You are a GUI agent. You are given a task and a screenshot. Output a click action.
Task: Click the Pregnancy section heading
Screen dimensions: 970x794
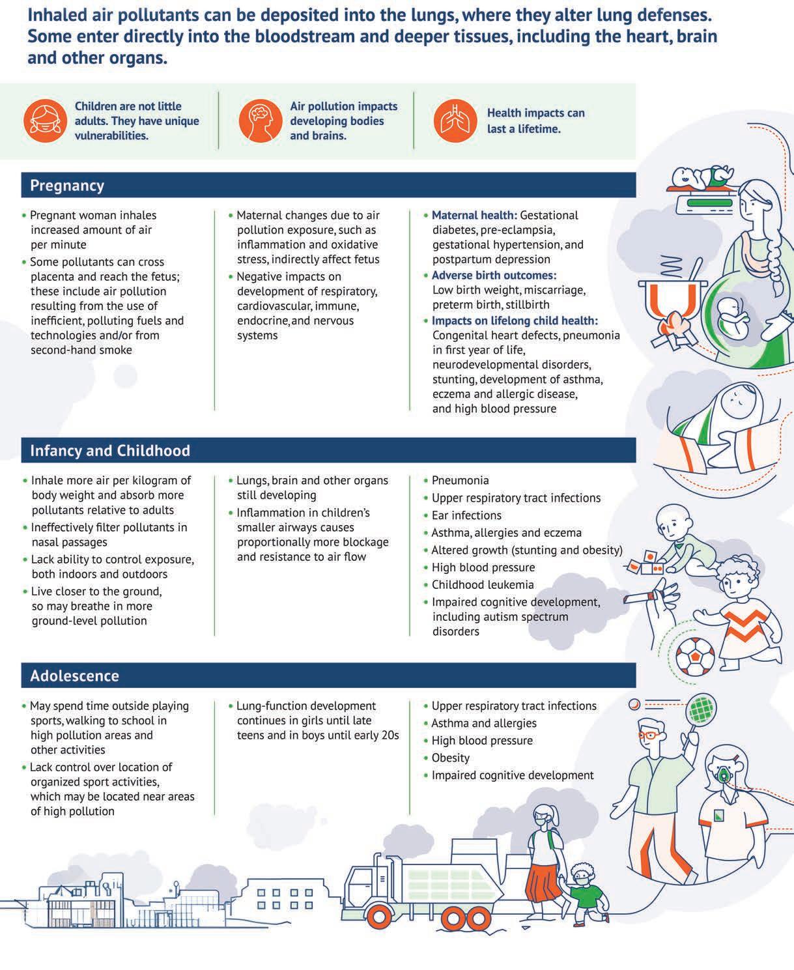click(67, 186)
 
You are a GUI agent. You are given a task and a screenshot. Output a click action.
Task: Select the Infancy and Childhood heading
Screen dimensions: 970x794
click(110, 451)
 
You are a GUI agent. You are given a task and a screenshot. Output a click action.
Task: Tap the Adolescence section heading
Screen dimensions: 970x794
click(74, 676)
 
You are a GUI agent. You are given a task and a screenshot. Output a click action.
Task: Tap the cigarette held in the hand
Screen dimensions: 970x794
click(638, 598)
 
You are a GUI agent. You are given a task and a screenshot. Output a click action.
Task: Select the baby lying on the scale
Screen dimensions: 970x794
click(698, 177)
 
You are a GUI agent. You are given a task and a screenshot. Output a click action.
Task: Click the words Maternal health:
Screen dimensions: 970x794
click(474, 215)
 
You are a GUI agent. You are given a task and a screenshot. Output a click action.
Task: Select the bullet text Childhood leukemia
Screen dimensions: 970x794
click(483, 585)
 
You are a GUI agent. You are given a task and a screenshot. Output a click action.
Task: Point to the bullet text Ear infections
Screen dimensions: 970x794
click(466, 515)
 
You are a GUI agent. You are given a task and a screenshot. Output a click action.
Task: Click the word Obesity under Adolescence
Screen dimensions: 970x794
click(450, 758)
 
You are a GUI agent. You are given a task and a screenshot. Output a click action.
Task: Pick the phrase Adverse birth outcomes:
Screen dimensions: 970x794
click(494, 275)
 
